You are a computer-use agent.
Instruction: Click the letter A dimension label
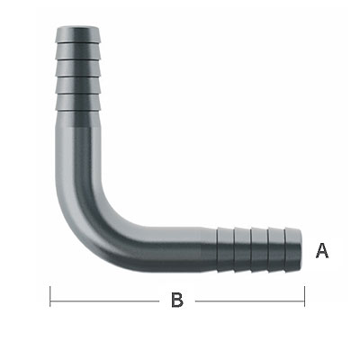[322, 251]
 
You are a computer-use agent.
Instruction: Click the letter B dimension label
[177, 300]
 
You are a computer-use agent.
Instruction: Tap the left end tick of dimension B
[50, 296]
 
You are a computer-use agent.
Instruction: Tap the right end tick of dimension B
[304, 296]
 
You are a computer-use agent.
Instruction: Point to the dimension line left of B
[104, 301]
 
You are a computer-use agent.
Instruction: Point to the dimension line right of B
[250, 301]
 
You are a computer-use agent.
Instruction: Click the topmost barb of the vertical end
[78, 34]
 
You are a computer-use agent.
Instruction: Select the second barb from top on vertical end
[78, 51]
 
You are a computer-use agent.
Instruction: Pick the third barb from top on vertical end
[78, 68]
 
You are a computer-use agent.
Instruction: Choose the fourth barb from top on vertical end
[78, 85]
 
